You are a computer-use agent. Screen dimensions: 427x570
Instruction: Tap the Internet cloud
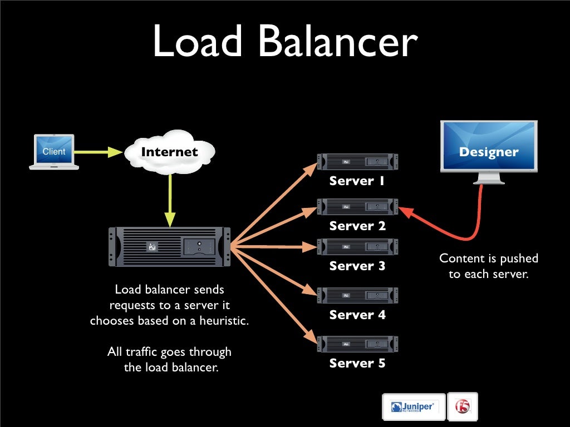(x=169, y=152)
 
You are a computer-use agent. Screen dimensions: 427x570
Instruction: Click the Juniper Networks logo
(x=414, y=407)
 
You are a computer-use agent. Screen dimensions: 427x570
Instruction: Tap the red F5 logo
(x=463, y=407)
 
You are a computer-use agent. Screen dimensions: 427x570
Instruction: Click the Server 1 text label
(x=357, y=181)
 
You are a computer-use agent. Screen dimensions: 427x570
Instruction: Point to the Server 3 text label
(x=357, y=266)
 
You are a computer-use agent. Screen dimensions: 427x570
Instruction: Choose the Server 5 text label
(x=357, y=364)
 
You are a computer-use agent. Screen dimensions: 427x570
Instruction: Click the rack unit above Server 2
(x=357, y=207)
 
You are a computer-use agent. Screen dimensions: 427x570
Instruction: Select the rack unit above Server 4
(x=357, y=296)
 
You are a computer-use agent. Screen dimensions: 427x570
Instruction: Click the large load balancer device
(x=169, y=246)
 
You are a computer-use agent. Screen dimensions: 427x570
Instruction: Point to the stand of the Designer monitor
(x=489, y=178)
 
